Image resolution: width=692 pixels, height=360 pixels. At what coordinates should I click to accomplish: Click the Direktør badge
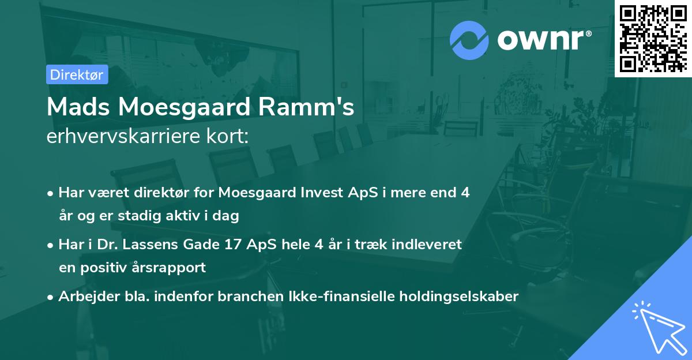77,74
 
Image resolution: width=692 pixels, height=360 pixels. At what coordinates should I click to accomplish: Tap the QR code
653,39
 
